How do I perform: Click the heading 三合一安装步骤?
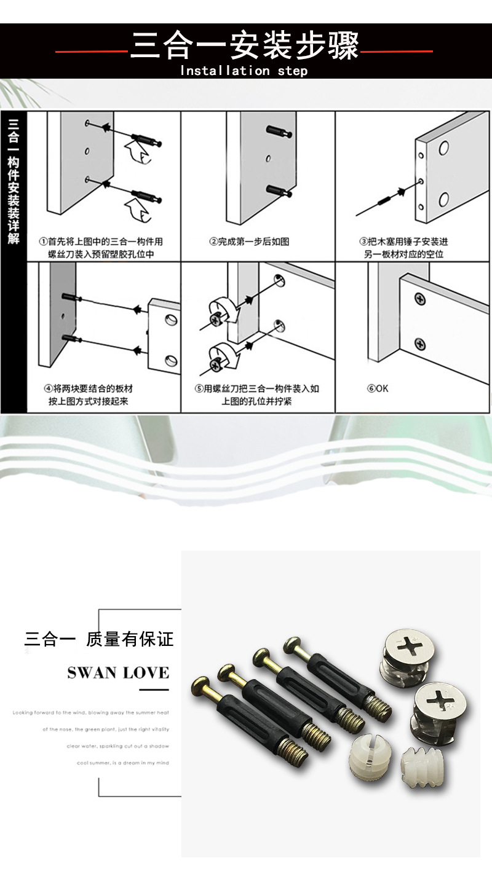point(244,46)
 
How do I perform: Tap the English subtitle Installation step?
point(244,71)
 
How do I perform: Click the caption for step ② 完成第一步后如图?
point(249,242)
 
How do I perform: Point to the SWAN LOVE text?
point(118,672)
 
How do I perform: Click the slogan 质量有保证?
point(130,639)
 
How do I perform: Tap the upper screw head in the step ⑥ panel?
point(421,299)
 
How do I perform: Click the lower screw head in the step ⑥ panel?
point(421,344)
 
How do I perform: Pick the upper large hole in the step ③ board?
point(443,149)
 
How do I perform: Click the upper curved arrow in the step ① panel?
point(139,151)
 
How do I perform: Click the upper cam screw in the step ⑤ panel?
point(217,317)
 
